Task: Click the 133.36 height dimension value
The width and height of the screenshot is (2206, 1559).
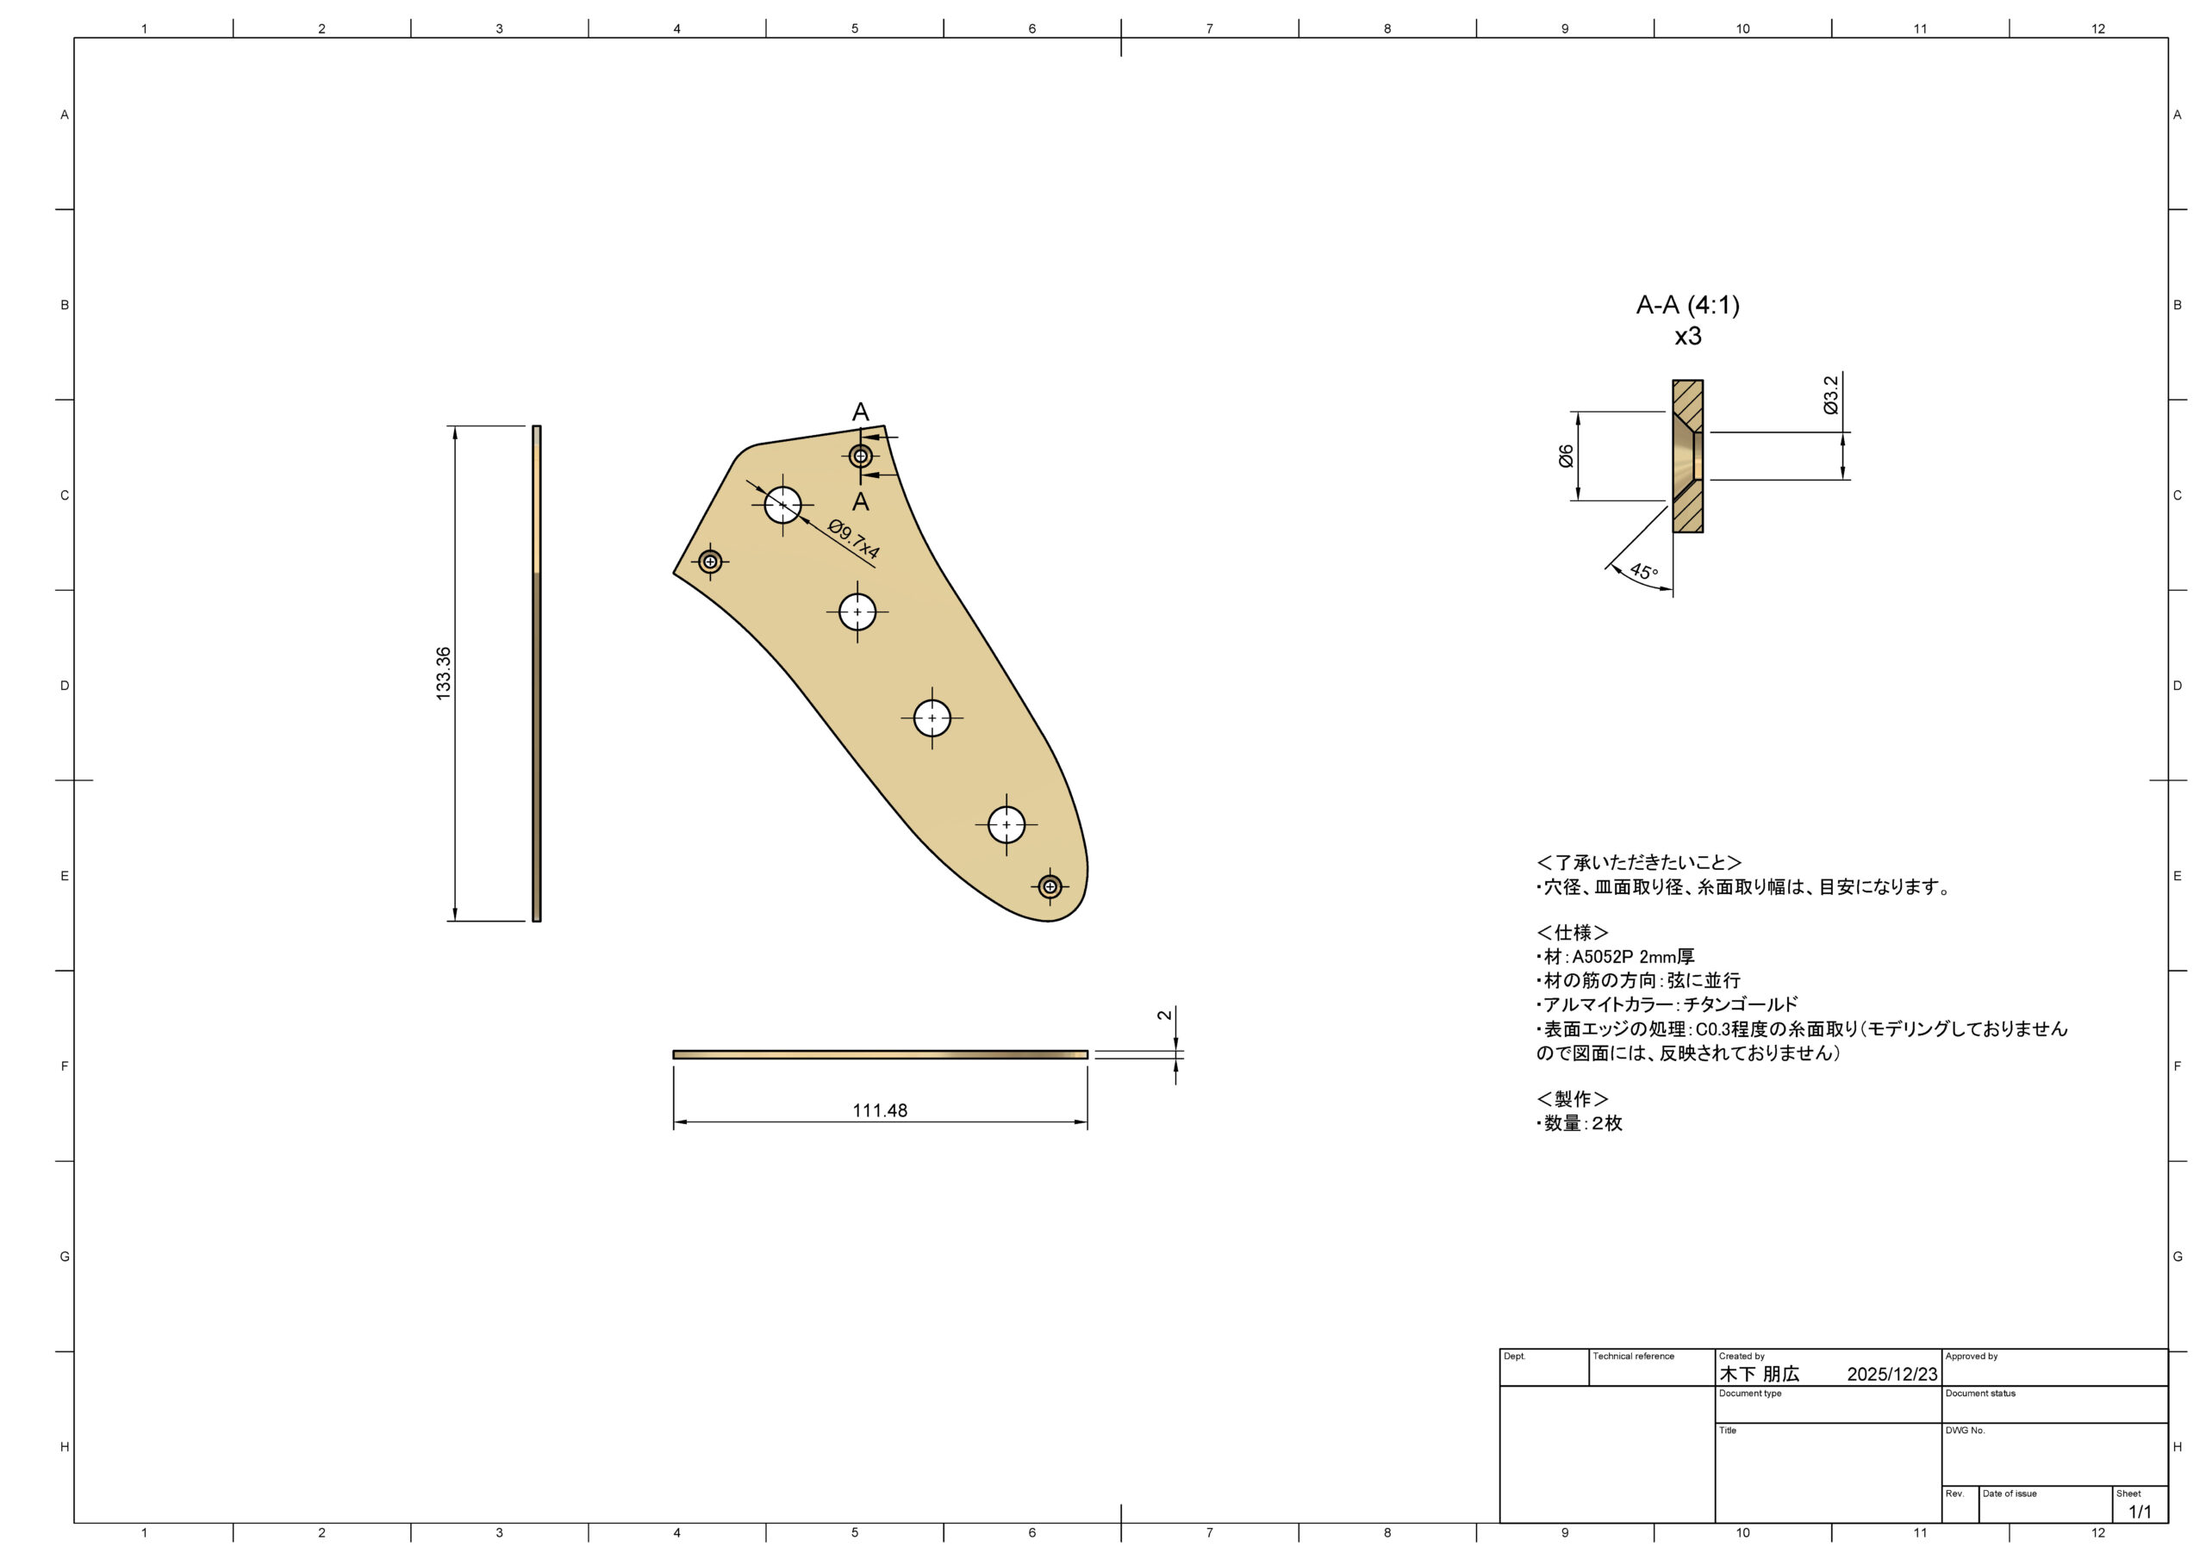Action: click(x=443, y=674)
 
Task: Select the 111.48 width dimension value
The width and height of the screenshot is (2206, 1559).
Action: click(x=879, y=1110)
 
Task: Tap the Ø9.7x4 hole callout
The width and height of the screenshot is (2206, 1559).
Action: click(x=853, y=540)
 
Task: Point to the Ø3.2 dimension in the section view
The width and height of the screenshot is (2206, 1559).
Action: click(x=1830, y=394)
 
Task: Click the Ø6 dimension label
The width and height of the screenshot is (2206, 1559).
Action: click(x=1565, y=456)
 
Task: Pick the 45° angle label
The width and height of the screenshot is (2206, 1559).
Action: click(x=1644, y=572)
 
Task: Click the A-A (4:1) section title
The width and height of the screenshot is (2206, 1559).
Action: click(x=1688, y=306)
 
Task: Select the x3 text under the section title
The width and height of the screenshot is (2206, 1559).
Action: click(x=1688, y=336)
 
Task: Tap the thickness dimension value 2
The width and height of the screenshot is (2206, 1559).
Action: click(x=1164, y=1016)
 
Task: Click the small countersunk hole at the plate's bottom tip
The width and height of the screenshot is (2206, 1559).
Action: click(x=1050, y=885)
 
